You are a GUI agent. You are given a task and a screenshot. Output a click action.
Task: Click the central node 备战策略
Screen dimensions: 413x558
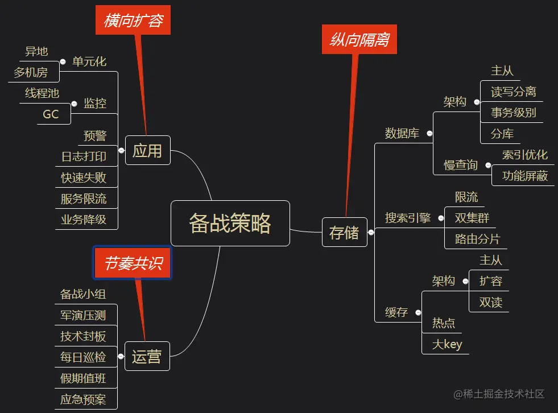pos(230,223)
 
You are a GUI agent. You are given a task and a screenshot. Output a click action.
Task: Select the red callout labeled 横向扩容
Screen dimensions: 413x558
pos(134,21)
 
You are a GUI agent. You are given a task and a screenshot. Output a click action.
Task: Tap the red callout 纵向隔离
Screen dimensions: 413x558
pos(359,39)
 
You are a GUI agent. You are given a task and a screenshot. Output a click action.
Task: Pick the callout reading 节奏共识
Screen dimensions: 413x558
pos(133,263)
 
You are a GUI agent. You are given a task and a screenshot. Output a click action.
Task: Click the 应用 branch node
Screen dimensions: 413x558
pos(147,151)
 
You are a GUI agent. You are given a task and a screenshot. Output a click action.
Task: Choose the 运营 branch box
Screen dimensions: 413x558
pos(147,357)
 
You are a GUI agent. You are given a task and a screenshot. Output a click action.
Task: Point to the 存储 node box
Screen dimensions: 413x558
pos(344,232)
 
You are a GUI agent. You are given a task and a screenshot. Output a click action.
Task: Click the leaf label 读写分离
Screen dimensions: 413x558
pos(513,92)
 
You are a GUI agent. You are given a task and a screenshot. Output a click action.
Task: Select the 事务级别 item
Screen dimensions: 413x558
pos(513,113)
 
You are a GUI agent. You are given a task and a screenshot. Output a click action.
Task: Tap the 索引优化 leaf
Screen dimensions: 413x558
pos(524,155)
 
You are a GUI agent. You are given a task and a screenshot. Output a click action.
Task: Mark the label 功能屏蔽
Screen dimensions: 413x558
pos(524,176)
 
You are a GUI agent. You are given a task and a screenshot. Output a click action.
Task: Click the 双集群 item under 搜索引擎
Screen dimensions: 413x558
pos(472,218)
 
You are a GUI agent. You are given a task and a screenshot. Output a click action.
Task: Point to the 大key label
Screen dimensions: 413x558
pos(447,344)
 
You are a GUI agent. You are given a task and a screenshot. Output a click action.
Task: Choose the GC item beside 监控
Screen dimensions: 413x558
pos(51,114)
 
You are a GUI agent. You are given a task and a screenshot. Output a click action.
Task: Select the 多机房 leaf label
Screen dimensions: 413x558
pos(31,72)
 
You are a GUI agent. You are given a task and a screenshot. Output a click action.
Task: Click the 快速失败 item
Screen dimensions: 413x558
pos(84,177)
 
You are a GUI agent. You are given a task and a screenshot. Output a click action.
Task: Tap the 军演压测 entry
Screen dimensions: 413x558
pos(83,315)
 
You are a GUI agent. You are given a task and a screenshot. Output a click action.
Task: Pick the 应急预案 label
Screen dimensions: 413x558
pos(83,399)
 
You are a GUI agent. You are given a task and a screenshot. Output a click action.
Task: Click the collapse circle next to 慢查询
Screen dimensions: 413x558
pos(488,166)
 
